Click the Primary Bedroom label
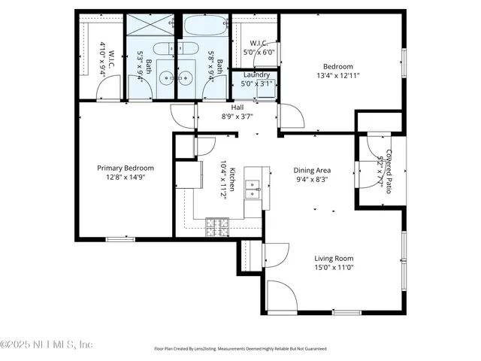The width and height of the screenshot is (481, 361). point(126,168)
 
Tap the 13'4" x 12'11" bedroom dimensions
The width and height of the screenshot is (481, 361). point(338,75)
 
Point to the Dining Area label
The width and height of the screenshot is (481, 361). point(312,171)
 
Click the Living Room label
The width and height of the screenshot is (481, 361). point(334,258)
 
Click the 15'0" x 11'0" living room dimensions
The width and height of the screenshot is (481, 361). point(334,267)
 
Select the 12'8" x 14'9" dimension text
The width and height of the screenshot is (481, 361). point(126,177)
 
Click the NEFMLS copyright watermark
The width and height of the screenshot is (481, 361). point(47,344)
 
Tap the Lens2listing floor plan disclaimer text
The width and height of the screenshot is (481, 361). point(240,349)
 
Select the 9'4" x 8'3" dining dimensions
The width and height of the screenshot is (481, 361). point(312,180)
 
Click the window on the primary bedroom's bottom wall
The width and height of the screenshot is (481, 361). point(119,239)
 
